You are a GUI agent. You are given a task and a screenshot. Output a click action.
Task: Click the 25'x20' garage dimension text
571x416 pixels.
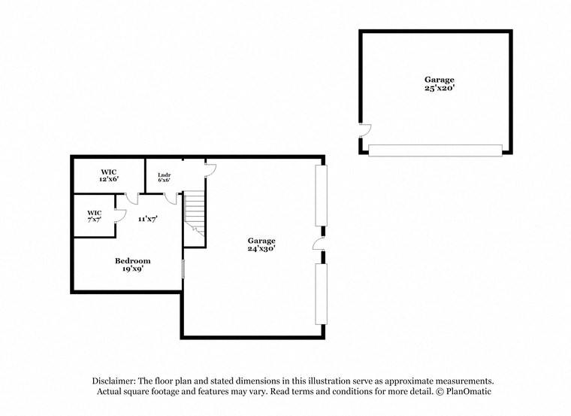(x=439, y=88)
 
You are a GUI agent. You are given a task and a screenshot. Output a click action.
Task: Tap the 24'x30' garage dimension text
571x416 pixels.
(x=262, y=249)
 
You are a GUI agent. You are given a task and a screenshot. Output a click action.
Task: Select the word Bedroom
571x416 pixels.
(x=132, y=260)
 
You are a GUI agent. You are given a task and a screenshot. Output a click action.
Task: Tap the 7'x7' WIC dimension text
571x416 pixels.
(x=94, y=220)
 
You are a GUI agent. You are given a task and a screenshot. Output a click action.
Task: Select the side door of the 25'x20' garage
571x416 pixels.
(x=364, y=130)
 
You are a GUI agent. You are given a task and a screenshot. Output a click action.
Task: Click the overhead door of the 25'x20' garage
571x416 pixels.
(x=435, y=150)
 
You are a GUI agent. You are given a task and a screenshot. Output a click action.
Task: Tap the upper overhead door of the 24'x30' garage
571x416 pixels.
(x=321, y=193)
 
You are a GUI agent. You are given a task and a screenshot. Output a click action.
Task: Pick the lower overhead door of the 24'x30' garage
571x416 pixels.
(x=321, y=293)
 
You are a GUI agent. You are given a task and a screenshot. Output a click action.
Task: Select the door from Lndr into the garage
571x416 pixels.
(x=210, y=169)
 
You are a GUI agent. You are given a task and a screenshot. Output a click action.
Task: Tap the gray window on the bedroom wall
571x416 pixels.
(x=183, y=269)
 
